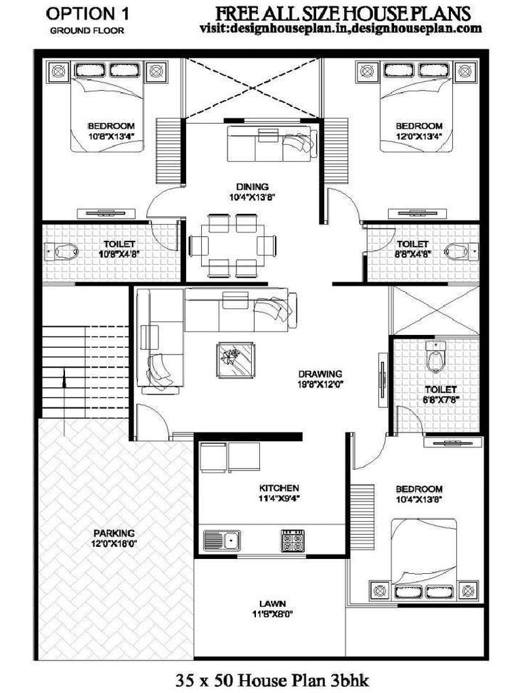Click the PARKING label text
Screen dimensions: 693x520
click(x=114, y=533)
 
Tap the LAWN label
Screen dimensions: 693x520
click(x=272, y=603)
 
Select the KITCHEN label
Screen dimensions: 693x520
click(x=279, y=487)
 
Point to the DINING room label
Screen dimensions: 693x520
click(x=253, y=187)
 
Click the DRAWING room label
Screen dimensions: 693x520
click(x=320, y=374)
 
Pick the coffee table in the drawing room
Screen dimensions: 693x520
click(x=236, y=358)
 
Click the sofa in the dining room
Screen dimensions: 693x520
click(x=269, y=142)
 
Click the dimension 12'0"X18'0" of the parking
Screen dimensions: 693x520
click(x=114, y=543)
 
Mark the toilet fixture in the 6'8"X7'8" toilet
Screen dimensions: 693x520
click(x=436, y=358)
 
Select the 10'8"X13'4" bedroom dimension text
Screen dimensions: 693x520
click(x=111, y=136)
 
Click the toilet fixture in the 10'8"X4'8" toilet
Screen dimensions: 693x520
click(x=65, y=252)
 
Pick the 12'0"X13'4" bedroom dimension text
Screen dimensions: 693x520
click(x=419, y=136)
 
